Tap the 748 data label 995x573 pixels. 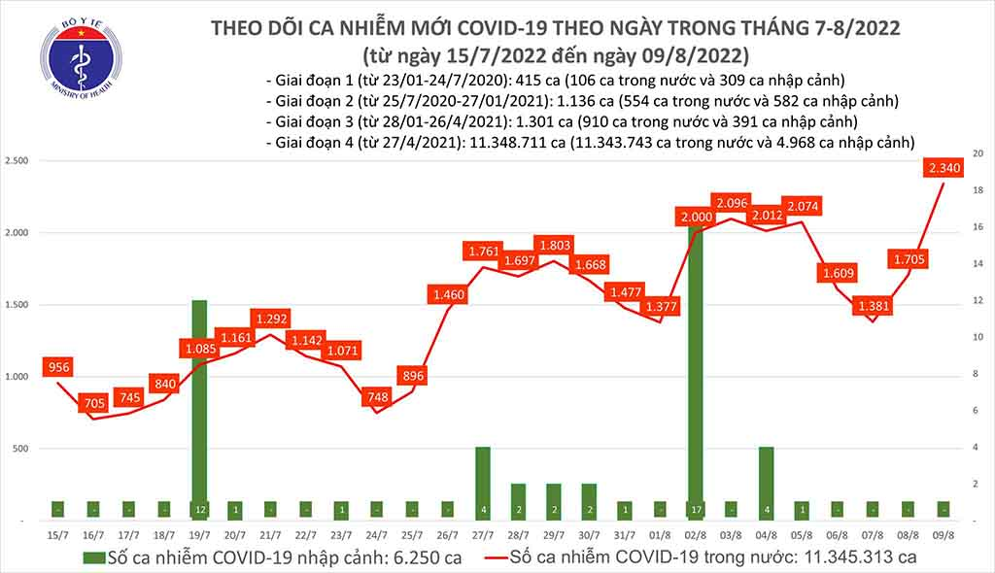[x=378, y=397]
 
